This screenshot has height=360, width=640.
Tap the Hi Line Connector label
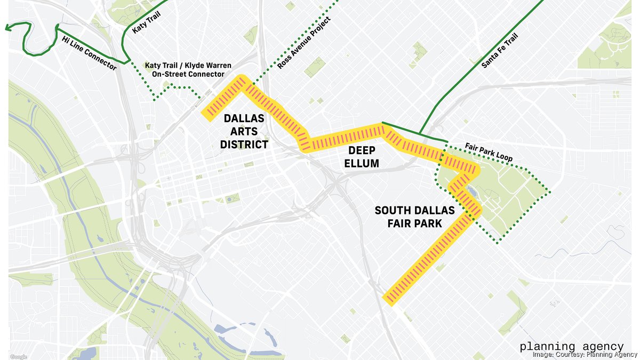click(89, 53)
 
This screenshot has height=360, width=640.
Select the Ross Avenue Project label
click(303, 42)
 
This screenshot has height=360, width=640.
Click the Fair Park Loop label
click(489, 152)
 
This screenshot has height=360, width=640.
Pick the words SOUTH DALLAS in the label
click(415, 210)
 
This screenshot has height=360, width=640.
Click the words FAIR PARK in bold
click(415, 223)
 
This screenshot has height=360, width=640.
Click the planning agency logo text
click(572, 346)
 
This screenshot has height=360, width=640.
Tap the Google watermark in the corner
click(18, 356)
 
